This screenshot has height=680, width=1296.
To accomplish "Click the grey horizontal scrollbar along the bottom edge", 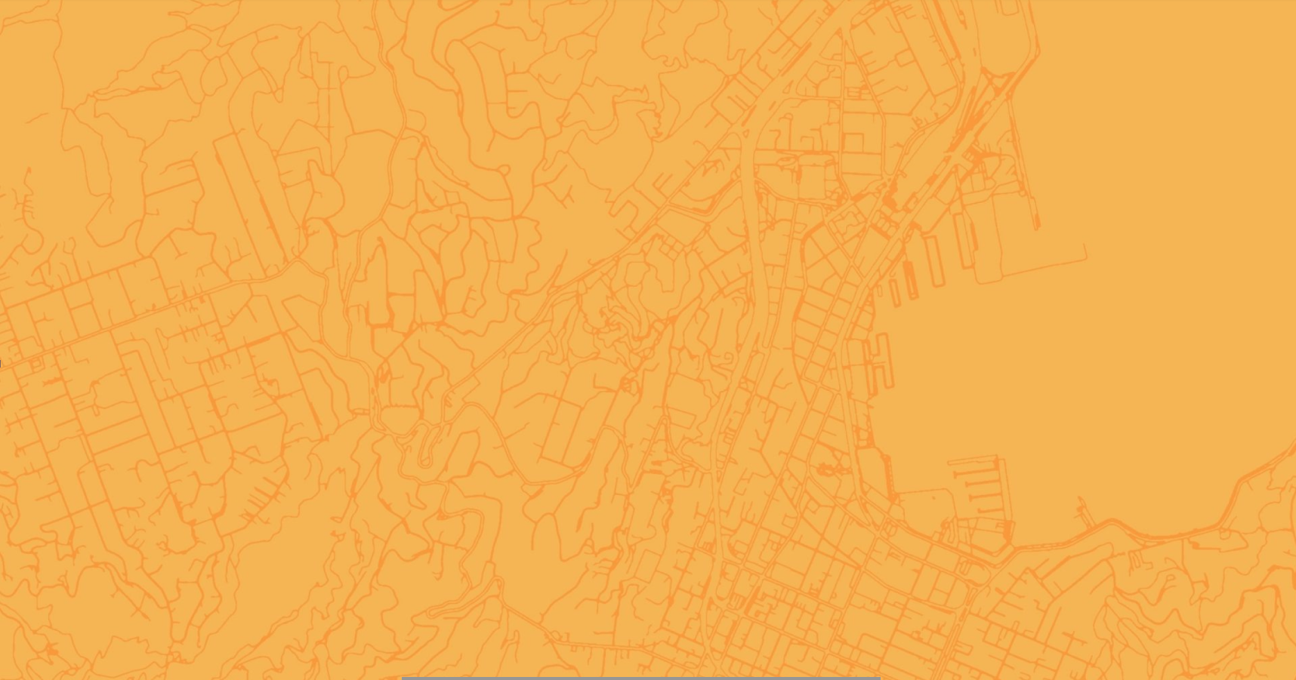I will click(x=640, y=678).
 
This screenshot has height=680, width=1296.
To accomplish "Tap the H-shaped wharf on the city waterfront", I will click(x=879, y=358).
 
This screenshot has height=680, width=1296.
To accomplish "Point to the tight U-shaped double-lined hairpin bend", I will click(x=427, y=445).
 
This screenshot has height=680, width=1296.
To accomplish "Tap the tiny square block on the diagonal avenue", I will click(x=35, y=364).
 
